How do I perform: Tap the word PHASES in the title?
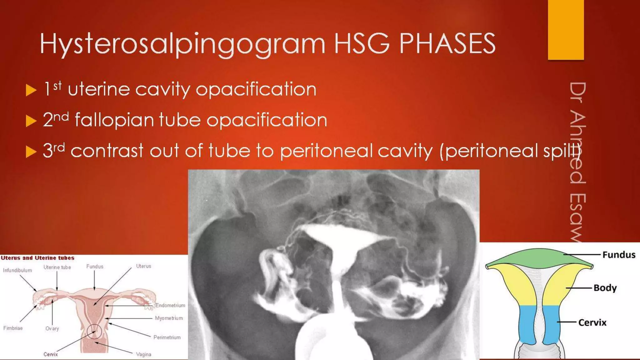coord(447,44)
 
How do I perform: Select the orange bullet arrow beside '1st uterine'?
coord(31,90)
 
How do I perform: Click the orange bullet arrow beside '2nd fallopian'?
coord(31,121)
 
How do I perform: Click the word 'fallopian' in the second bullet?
coord(114,120)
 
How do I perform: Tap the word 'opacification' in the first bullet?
coord(256,90)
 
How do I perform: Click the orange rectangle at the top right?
coord(566,30)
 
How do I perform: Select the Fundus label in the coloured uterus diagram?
coord(619,255)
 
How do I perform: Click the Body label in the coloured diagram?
coord(605,288)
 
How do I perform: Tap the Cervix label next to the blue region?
coord(592,322)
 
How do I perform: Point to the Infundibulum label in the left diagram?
coord(17,270)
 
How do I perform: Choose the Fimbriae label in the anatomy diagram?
coord(13,328)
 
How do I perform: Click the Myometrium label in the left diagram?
coord(169,318)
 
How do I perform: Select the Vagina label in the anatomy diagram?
coord(143,354)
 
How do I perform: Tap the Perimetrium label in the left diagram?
coord(167,337)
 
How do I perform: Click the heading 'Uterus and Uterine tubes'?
coord(37,258)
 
